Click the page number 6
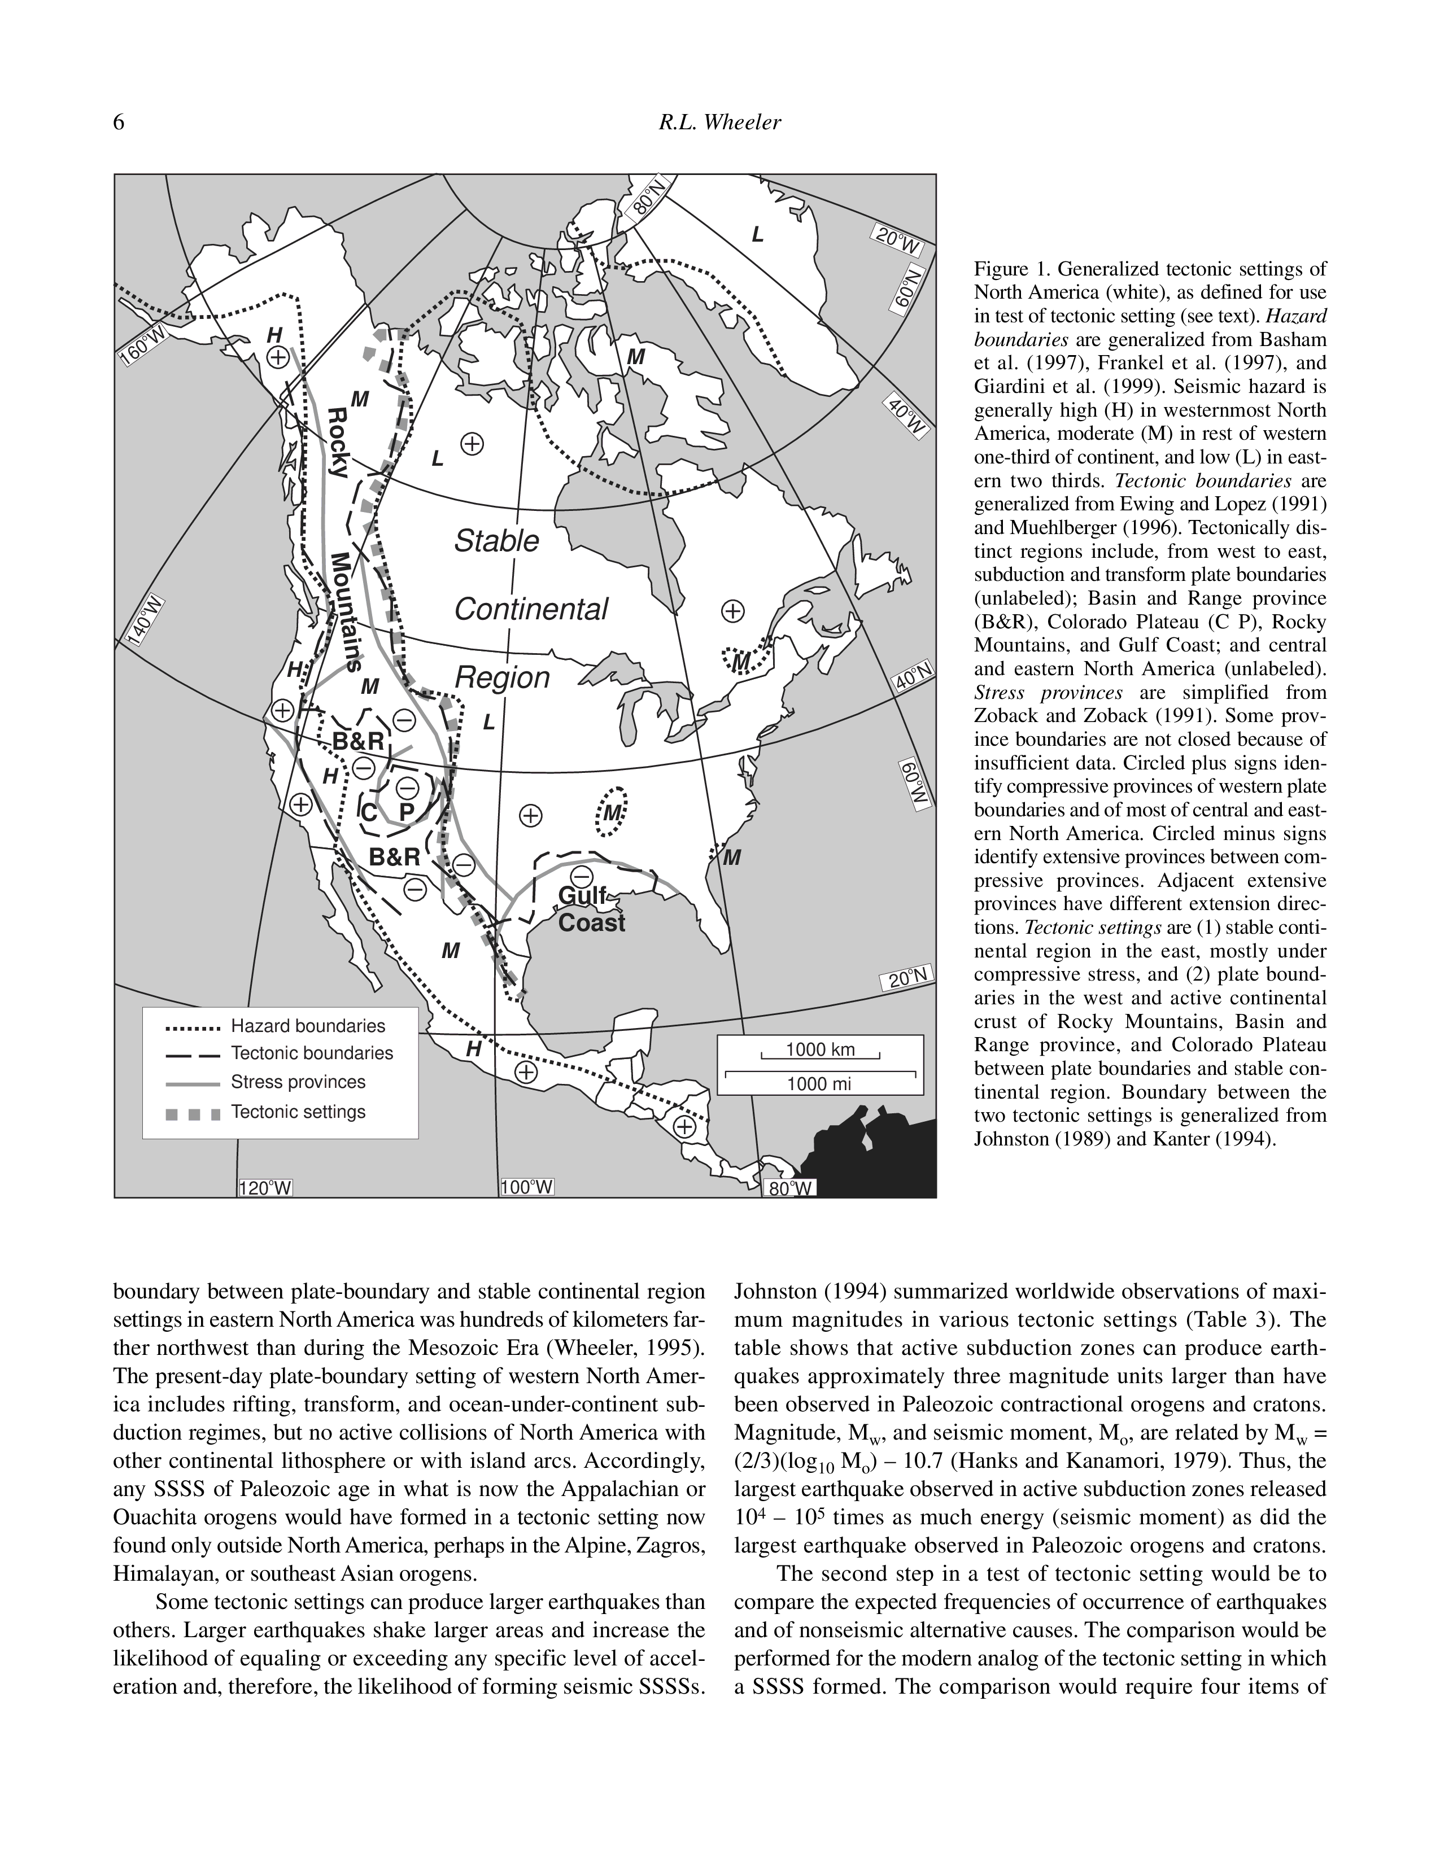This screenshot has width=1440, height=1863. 119,124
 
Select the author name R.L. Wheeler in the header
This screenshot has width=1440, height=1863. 719,124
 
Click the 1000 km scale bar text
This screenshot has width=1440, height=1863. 819,1050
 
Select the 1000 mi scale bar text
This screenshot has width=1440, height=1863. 819,1084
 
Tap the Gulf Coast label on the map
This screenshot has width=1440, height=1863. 591,909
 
